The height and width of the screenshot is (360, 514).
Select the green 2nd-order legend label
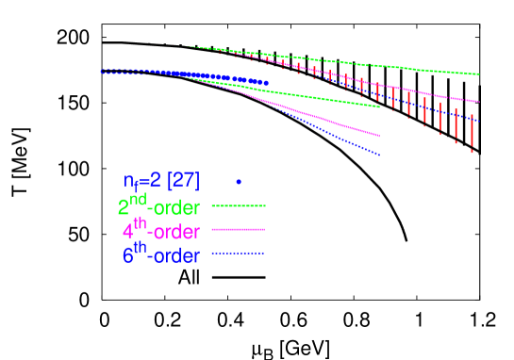click(152, 206)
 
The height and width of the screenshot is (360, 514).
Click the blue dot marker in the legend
click(239, 181)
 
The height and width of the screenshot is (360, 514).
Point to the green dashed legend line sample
click(239, 205)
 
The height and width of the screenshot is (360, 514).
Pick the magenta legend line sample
click(239, 229)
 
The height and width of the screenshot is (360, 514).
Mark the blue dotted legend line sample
click(239, 254)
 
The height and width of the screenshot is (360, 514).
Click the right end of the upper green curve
click(480, 74)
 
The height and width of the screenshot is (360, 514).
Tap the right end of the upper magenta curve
click(478, 102)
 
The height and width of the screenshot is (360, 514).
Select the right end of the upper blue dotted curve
click(479, 121)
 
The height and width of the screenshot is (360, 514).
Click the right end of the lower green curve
click(379, 107)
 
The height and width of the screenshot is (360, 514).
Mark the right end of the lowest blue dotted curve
click(379, 155)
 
